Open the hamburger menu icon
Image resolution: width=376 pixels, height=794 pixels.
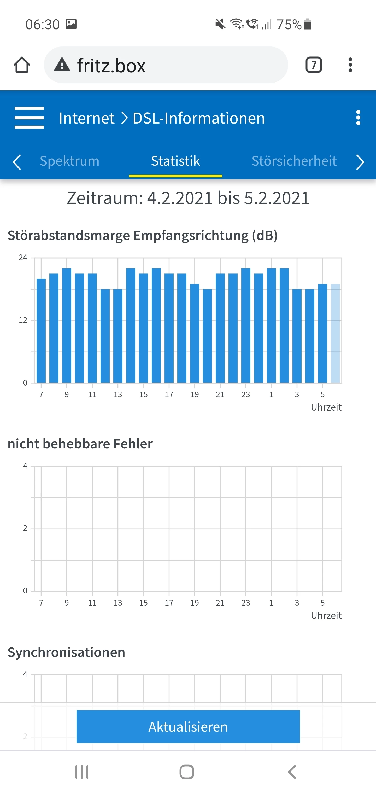(29, 118)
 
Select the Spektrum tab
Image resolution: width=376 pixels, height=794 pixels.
(70, 161)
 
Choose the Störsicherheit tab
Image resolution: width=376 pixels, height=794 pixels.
(294, 161)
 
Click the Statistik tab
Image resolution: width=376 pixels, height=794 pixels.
(175, 161)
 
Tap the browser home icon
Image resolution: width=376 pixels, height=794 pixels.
(22, 65)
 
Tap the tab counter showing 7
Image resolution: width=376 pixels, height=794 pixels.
(313, 65)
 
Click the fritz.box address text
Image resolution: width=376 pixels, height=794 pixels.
(111, 66)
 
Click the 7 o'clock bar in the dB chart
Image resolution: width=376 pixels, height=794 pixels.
(41, 330)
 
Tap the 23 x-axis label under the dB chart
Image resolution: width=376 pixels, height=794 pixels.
(246, 395)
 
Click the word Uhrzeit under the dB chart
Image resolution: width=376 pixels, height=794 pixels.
(326, 407)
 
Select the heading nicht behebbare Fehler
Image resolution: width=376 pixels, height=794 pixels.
(80, 444)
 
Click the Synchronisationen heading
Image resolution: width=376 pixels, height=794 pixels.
(66, 652)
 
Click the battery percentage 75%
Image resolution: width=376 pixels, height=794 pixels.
(289, 24)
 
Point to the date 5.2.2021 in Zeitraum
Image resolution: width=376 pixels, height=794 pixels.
(277, 198)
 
